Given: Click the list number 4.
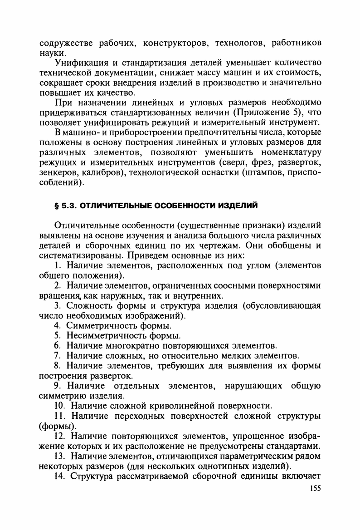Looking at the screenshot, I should (x=58, y=326).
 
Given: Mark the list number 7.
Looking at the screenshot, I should (x=58, y=356).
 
